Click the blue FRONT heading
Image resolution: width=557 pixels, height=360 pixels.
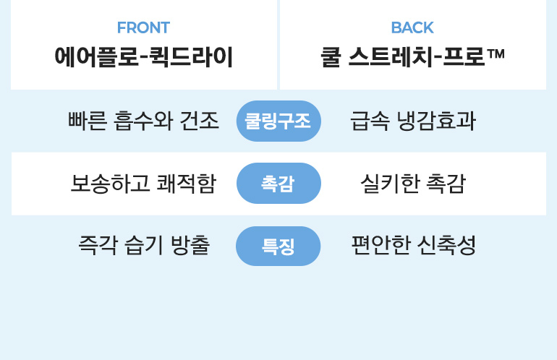(x=143, y=27)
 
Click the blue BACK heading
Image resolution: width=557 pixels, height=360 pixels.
(x=412, y=27)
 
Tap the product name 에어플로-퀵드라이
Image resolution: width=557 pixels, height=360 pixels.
(x=143, y=57)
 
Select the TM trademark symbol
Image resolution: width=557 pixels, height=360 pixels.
(x=496, y=53)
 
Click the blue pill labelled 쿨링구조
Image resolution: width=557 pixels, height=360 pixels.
(x=278, y=121)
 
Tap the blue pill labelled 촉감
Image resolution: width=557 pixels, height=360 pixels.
(x=278, y=183)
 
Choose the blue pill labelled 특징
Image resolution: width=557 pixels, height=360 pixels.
(x=278, y=246)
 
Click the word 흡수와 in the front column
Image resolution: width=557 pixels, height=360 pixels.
(x=143, y=121)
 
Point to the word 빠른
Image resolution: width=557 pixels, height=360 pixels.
(x=88, y=121)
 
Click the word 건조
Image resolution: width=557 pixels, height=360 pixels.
(x=200, y=121)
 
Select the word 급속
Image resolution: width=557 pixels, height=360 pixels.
(x=370, y=121)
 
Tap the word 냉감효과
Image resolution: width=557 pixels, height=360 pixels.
(x=436, y=121)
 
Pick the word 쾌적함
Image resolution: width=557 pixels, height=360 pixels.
(x=187, y=184)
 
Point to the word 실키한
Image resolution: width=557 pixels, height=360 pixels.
(x=389, y=184)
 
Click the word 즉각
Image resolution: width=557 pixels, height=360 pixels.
(x=98, y=245)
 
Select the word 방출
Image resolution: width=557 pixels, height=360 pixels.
(x=190, y=245)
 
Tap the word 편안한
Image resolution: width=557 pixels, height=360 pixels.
(x=380, y=245)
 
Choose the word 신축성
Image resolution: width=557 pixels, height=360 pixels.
(x=446, y=245)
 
